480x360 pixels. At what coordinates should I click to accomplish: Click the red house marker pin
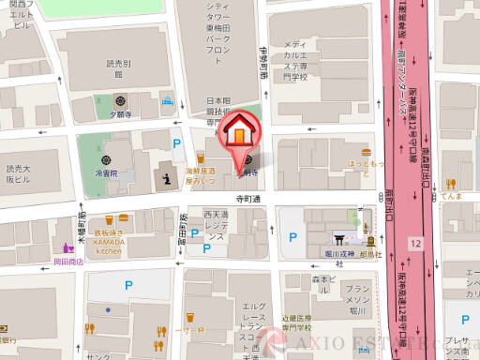pyautogui.click(x=239, y=131)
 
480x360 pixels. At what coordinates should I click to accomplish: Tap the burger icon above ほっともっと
pyautogui.click(x=367, y=152)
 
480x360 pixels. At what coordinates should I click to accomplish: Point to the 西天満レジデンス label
pyautogui.click(x=216, y=227)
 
